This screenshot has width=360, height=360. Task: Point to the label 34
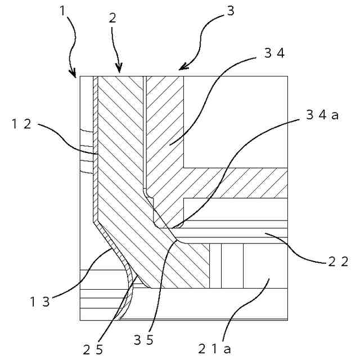[x=274, y=53]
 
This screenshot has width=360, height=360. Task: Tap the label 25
[x=93, y=349]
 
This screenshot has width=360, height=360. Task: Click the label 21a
[x=214, y=348]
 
